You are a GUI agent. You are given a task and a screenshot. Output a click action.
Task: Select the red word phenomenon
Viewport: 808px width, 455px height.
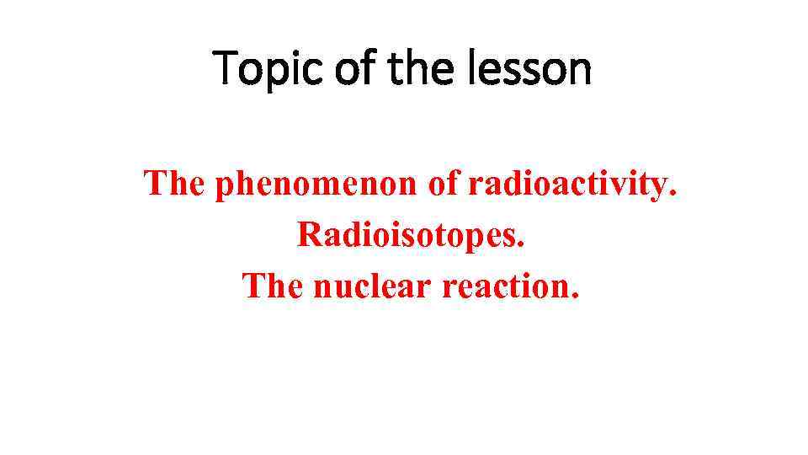316,185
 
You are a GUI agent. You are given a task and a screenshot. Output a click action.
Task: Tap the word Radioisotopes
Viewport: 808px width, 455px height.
410,235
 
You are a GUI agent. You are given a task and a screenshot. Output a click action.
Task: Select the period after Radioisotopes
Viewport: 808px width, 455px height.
521,245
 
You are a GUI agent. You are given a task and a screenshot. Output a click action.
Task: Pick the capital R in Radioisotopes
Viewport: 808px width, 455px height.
308,235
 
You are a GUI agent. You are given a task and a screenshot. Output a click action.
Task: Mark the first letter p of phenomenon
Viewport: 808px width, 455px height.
225,186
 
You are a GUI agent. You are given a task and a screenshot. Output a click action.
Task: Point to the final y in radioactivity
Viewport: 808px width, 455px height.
658,186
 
